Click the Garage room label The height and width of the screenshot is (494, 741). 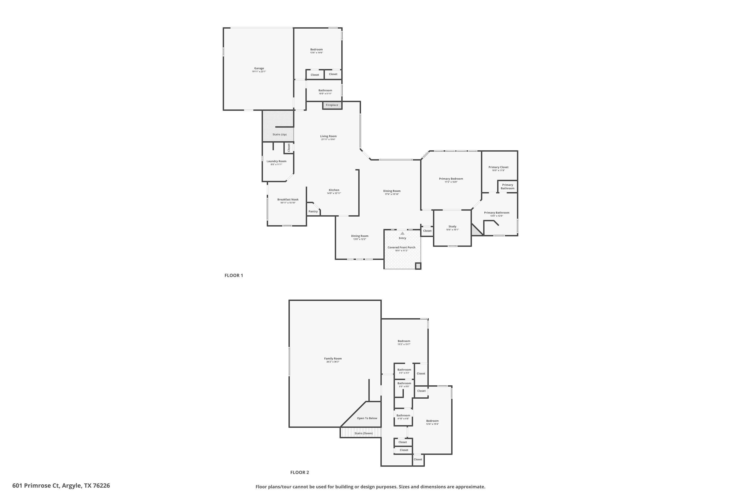pyautogui.click(x=259, y=68)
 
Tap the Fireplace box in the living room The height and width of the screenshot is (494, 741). pyautogui.click(x=332, y=105)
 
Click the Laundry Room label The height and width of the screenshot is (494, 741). pyautogui.click(x=276, y=161)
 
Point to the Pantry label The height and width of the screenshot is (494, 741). pyautogui.click(x=313, y=212)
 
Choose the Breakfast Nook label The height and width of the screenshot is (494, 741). pyautogui.click(x=288, y=199)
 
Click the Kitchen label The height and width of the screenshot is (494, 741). pyautogui.click(x=334, y=190)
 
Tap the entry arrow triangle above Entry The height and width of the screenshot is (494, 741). pyautogui.click(x=402, y=233)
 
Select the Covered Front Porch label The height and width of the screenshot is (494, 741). pyautogui.click(x=401, y=247)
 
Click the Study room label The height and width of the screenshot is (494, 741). pyautogui.click(x=453, y=226)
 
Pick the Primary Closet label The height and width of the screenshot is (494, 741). pyautogui.click(x=498, y=167)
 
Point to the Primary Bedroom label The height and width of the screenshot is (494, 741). pyautogui.click(x=451, y=179)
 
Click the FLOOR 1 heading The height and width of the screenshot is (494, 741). pyautogui.click(x=233, y=275)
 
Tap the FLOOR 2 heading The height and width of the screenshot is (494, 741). pyautogui.click(x=300, y=472)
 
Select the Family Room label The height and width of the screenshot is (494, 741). pyautogui.click(x=333, y=359)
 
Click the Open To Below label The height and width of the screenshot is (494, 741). pyautogui.click(x=367, y=418)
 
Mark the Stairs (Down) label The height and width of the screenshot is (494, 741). pyautogui.click(x=364, y=433)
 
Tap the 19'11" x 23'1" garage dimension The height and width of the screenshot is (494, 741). pyautogui.click(x=259, y=72)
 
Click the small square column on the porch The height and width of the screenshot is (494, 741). pyautogui.click(x=418, y=266)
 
